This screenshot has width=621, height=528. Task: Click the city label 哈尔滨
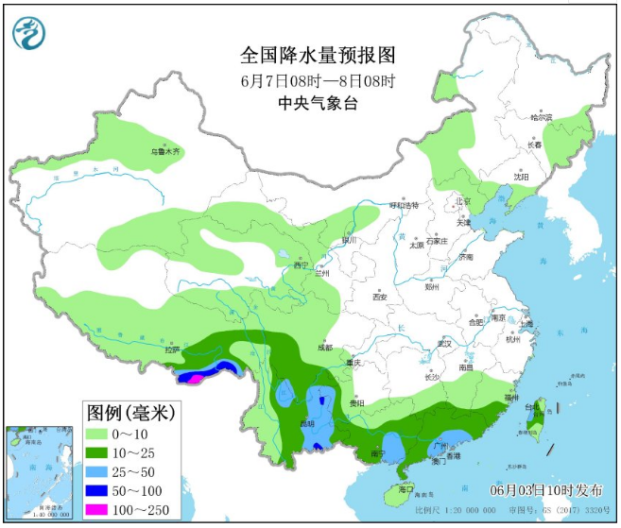(541, 117)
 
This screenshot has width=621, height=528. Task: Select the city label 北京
(462, 200)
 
